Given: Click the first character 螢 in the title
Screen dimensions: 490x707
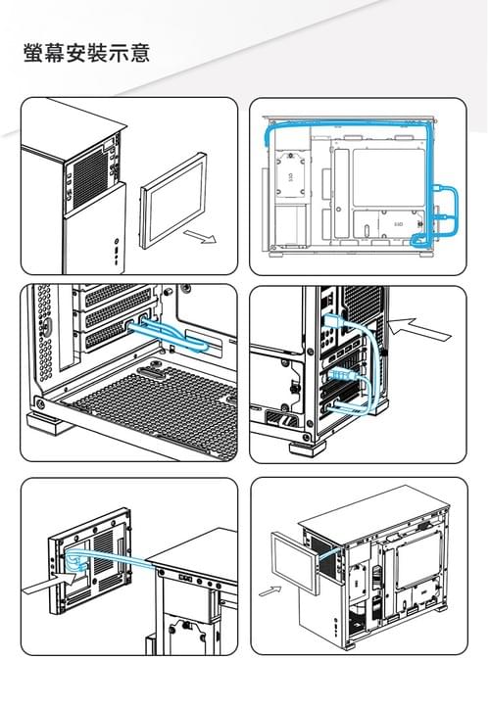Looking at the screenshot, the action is pos(34,53).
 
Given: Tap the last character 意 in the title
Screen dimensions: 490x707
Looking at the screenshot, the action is pos(139,53).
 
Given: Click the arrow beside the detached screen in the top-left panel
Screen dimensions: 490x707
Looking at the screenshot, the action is pos(200,236).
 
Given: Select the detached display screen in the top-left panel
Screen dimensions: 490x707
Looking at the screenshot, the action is pos(173,201).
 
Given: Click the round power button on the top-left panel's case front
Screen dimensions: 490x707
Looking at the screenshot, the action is pos(117,241).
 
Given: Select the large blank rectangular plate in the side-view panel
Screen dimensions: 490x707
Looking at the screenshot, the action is pos(388,177).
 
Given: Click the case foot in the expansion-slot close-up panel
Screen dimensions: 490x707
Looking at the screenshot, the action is pos(49,423).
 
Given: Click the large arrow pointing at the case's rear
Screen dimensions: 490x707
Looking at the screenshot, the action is pos(417,328).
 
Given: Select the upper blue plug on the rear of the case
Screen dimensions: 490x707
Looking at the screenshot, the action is pos(334,322).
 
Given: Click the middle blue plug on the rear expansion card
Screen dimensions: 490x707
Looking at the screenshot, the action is pos(342,374).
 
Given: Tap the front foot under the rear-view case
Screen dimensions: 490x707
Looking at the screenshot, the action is pos(308,448).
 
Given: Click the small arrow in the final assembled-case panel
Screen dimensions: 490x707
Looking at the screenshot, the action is pos(270,590).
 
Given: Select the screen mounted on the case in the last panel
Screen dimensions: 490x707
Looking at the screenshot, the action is pos(295,561).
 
